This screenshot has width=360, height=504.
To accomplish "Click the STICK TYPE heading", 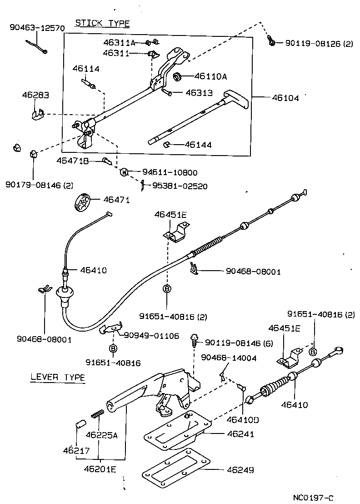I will pos(102,23).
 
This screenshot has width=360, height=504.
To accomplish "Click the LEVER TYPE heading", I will pos(58,377).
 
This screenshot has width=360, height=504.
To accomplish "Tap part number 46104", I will pos(285,98).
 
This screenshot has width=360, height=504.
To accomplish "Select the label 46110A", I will pos(210,76).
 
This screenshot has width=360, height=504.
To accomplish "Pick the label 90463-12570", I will pos(37,28).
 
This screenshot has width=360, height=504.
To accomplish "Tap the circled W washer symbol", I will pos(123,172).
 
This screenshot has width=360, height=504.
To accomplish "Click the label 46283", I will pos(35,96).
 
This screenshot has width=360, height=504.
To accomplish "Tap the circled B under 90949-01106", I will pos(113,349).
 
